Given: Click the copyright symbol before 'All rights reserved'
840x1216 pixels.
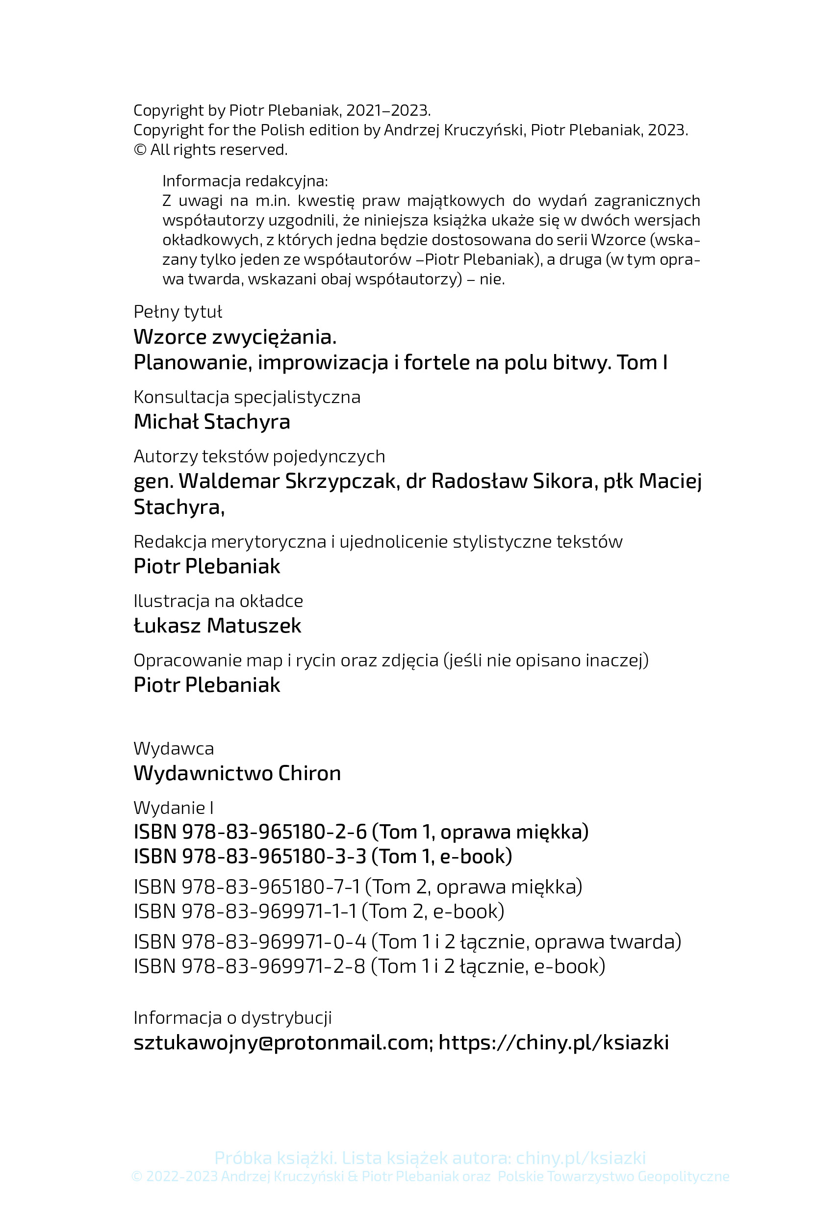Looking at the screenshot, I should [x=140, y=150].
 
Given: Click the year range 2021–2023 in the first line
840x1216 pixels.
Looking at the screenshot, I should [x=388, y=110].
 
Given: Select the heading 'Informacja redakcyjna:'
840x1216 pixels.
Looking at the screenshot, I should [x=245, y=181].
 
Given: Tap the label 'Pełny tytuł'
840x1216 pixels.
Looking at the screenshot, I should [x=178, y=311].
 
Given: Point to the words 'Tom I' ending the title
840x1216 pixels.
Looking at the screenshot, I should [x=642, y=362].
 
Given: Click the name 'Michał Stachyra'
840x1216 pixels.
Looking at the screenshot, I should [x=211, y=422].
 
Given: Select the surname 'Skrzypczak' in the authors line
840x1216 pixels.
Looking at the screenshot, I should [x=341, y=481].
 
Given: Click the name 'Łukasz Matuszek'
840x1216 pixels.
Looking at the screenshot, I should [x=217, y=625].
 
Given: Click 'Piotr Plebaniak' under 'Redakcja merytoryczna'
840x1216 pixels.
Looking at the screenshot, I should [x=207, y=566].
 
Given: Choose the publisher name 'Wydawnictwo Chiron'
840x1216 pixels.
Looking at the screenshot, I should [x=237, y=773].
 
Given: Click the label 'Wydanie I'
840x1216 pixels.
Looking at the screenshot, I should [x=174, y=807].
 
